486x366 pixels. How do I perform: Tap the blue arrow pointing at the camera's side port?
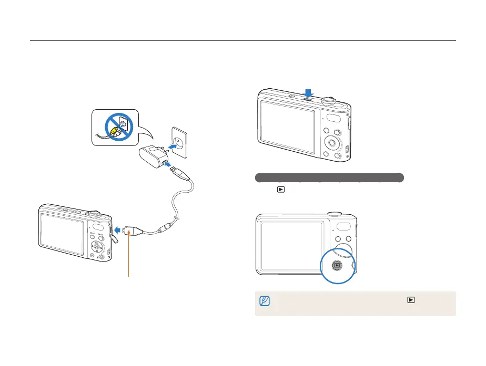[x=119, y=230]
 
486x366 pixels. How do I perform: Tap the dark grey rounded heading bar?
[x=329, y=177]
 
